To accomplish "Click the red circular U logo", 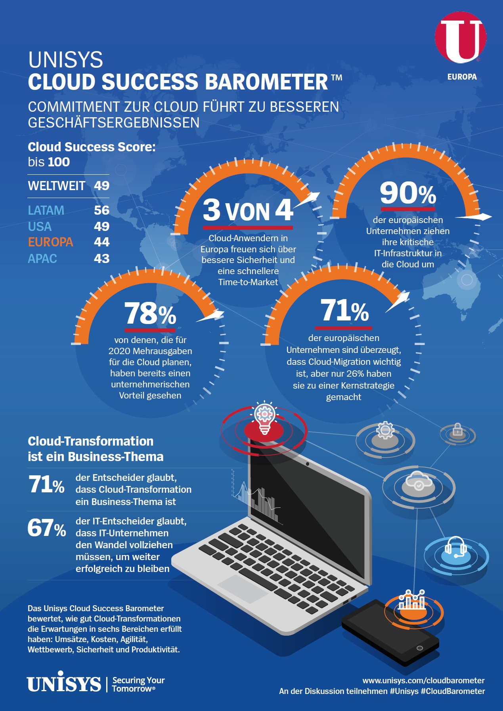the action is click(x=461, y=37).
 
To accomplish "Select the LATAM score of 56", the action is click(x=101, y=210).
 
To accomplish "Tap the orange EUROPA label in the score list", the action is click(x=50, y=242).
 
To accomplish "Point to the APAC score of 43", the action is click(x=101, y=259).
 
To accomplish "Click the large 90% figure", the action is click(x=408, y=193).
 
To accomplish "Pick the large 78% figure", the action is click(x=150, y=314).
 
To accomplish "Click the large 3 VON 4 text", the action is click(x=248, y=210).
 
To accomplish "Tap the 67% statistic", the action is click(x=46, y=528).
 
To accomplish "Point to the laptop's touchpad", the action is click(x=243, y=589).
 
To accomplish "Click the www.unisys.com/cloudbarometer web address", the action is click(x=423, y=681).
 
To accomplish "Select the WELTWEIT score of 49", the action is click(x=101, y=185).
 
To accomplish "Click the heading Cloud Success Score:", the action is click(x=92, y=147).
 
